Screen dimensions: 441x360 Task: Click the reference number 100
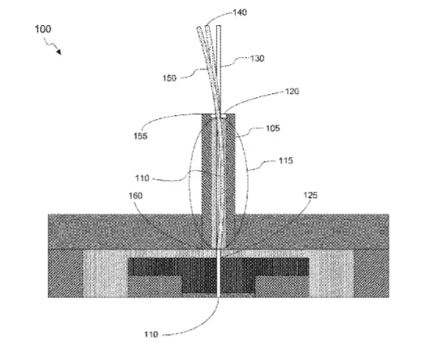pyautogui.click(x=43, y=29)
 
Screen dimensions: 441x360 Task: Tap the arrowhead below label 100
pyautogui.click(x=59, y=52)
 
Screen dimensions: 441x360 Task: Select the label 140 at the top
pyautogui.click(x=240, y=13)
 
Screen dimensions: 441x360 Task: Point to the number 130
pyautogui.click(x=257, y=59)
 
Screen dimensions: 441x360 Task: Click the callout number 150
pyautogui.click(x=170, y=78)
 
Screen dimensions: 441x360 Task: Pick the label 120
pyautogui.click(x=292, y=92)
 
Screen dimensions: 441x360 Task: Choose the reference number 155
pyautogui.click(x=140, y=136)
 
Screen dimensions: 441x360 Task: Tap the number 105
pyautogui.click(x=273, y=128)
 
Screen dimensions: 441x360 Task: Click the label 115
pyautogui.click(x=285, y=160)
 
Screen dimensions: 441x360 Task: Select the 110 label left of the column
pyautogui.click(x=142, y=178)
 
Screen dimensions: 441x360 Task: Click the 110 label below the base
pyautogui.click(x=151, y=334)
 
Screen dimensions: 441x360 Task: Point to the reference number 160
pyautogui.click(x=135, y=196)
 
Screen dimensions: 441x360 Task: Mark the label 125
pyautogui.click(x=310, y=195)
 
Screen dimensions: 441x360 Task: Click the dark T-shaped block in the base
pyautogui.click(x=218, y=270)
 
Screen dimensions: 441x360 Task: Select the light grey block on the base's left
pyautogui.click(x=106, y=274)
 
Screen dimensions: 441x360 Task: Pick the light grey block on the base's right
pyautogui.click(x=332, y=274)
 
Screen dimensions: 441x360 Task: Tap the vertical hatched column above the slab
pyautogui.click(x=218, y=180)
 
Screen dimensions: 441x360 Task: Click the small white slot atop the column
pyautogui.click(x=218, y=116)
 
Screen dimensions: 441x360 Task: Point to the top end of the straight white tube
pyautogui.click(x=218, y=26)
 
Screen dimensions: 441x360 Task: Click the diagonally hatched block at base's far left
pyautogui.click(x=66, y=273)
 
